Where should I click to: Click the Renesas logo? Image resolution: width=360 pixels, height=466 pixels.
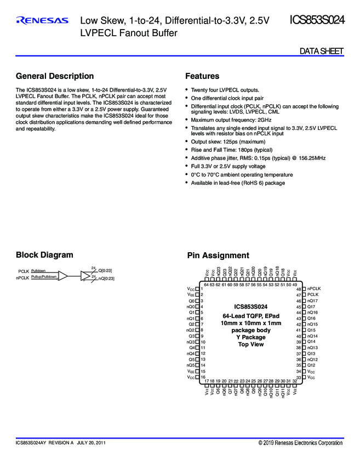(x=42, y=21)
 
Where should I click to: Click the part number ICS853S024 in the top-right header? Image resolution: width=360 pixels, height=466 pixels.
(x=317, y=21)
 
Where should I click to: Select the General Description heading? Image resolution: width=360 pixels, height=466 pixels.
(x=55, y=76)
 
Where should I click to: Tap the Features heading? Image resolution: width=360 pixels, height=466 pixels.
(x=202, y=76)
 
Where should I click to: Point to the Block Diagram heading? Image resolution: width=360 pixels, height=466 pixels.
(x=44, y=255)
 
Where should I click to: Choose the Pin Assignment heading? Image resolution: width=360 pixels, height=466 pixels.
(x=218, y=255)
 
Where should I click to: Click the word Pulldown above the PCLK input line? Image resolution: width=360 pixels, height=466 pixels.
(x=38, y=271)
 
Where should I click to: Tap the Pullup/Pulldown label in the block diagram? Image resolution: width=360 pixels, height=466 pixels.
(x=44, y=277)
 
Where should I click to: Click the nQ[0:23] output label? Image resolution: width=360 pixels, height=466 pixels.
(x=106, y=279)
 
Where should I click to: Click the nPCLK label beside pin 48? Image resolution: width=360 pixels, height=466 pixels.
(x=314, y=288)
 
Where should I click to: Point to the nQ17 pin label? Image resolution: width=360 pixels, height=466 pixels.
(x=312, y=300)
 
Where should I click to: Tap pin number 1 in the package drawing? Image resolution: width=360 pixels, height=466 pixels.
(x=202, y=288)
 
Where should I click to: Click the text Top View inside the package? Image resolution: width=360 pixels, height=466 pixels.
(x=251, y=344)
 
